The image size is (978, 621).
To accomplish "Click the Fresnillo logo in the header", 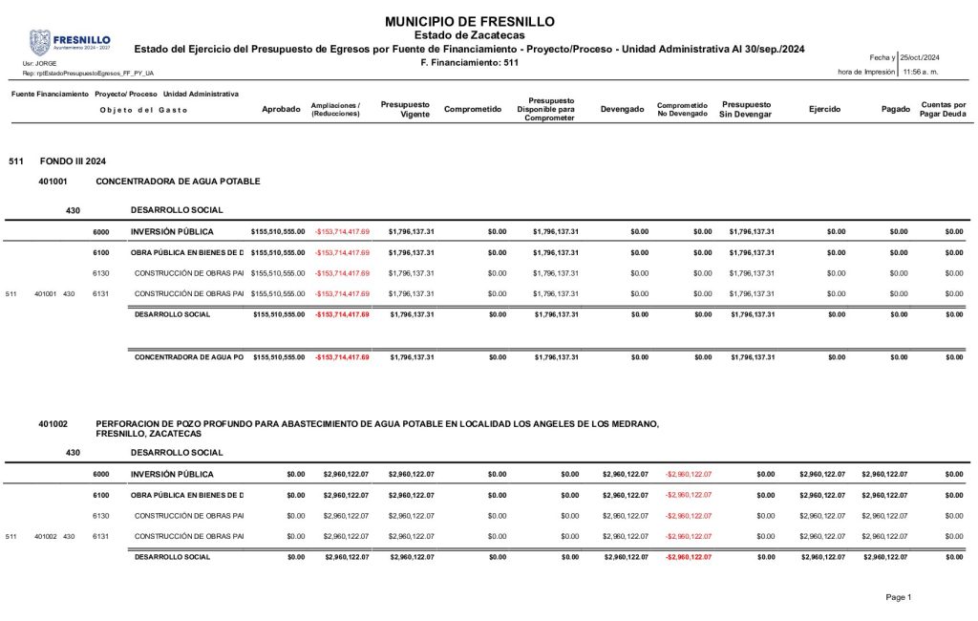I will [70, 41].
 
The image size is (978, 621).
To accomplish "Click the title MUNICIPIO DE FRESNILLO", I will [469, 21].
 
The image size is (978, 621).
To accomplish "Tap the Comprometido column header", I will [473, 109].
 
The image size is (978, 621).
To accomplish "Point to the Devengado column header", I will [622, 109].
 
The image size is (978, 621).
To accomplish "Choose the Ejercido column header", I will [824, 109].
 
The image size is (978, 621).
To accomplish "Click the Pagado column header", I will [896, 109].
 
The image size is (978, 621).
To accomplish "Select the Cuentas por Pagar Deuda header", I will [943, 109].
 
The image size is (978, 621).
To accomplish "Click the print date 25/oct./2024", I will [921, 58].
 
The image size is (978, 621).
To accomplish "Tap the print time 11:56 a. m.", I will [921, 72].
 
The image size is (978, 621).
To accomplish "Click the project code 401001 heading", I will [53, 181].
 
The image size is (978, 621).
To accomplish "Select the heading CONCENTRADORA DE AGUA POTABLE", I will [178, 181].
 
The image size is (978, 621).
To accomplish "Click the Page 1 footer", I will [898, 597].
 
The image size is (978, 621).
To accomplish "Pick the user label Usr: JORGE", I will [39, 63].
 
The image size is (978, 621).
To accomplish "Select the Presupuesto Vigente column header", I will [405, 109].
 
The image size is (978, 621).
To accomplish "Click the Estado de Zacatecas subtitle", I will [469, 35].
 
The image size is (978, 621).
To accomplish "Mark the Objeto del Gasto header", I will [143, 110].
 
